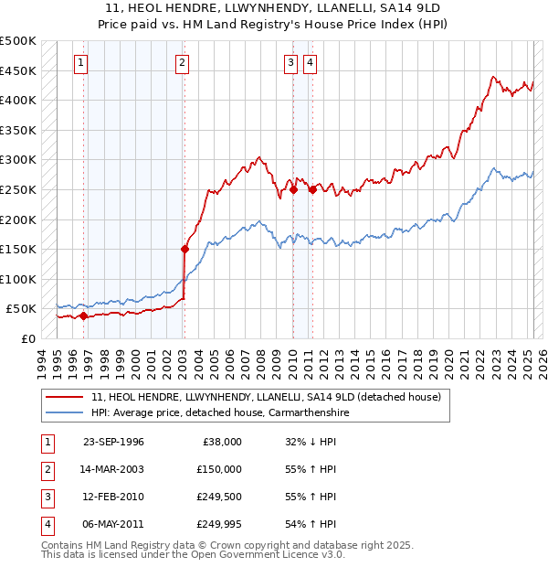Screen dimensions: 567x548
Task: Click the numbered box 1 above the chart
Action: point(81,63)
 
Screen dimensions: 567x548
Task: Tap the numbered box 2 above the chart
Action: point(183,63)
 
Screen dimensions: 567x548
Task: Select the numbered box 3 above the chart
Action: point(290,63)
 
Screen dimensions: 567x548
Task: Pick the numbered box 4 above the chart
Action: point(311,63)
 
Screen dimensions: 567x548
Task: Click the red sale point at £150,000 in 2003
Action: point(184,248)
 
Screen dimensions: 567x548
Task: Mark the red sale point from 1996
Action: point(83,316)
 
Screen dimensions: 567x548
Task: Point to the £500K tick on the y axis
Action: point(18,41)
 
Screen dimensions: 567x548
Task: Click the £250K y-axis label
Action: point(18,189)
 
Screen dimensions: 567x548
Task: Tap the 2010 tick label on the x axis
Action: point(291,362)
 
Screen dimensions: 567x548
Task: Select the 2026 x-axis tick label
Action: point(542,362)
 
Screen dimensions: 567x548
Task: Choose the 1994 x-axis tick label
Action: point(42,362)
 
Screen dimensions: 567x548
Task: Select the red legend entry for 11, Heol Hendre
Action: point(266,397)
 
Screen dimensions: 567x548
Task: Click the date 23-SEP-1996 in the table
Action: point(113,442)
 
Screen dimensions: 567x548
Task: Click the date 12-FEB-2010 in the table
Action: point(113,497)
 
